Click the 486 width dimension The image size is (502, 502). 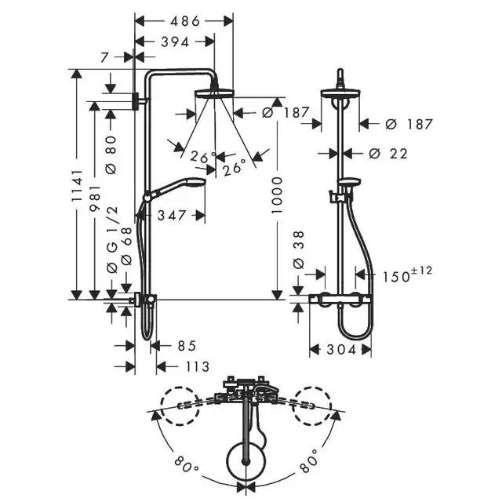[x=185, y=21]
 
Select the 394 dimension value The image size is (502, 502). [x=175, y=42]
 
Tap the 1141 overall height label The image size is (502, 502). [x=77, y=186]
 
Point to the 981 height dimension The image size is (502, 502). [x=95, y=198]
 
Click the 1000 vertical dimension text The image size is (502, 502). [x=277, y=195]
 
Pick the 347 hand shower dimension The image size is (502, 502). [x=172, y=216]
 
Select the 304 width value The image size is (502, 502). [x=341, y=350]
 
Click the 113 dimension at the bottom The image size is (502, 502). [x=198, y=366]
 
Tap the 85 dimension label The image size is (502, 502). [x=187, y=346]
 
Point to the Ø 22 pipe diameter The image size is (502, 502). [x=388, y=154]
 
